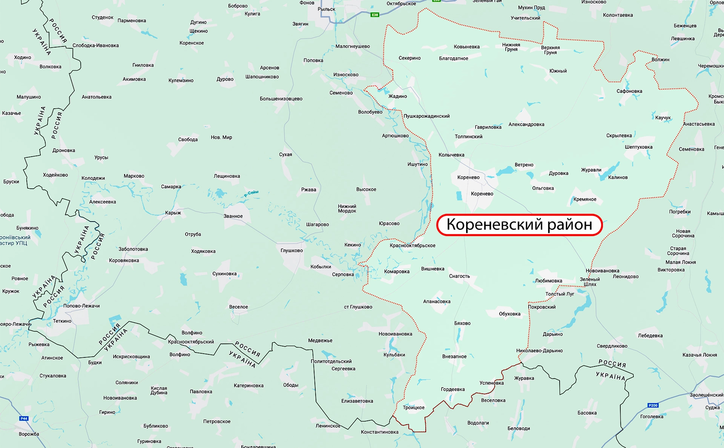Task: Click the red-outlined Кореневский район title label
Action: point(519,225)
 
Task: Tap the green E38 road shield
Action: point(374,15)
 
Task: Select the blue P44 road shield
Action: point(24,418)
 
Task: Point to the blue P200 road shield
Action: point(653,405)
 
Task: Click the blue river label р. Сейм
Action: point(251,194)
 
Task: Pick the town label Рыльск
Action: point(326,9)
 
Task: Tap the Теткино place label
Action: point(62,321)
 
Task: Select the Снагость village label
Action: point(459,276)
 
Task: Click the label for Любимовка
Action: point(548,281)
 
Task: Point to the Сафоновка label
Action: point(629,91)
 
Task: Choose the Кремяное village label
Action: point(585,199)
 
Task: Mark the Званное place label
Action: point(233,216)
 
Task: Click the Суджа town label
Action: point(712,408)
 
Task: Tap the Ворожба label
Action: point(29,434)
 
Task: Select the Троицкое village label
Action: point(414,408)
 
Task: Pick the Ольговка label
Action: point(543,188)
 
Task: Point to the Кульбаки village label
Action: point(394,355)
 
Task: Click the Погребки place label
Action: point(680,212)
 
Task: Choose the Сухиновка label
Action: point(224,274)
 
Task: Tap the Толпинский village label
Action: point(468,137)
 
